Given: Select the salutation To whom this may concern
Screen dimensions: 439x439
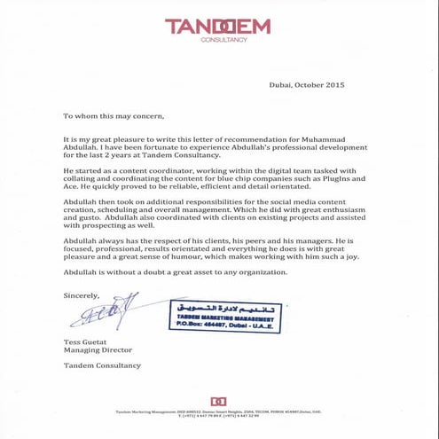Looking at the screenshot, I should pyautogui.click(x=114, y=115).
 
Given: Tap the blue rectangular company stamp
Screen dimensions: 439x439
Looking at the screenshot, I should pyautogui.click(x=222, y=316).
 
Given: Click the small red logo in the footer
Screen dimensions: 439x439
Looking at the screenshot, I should pyautogui.click(x=218, y=401).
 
